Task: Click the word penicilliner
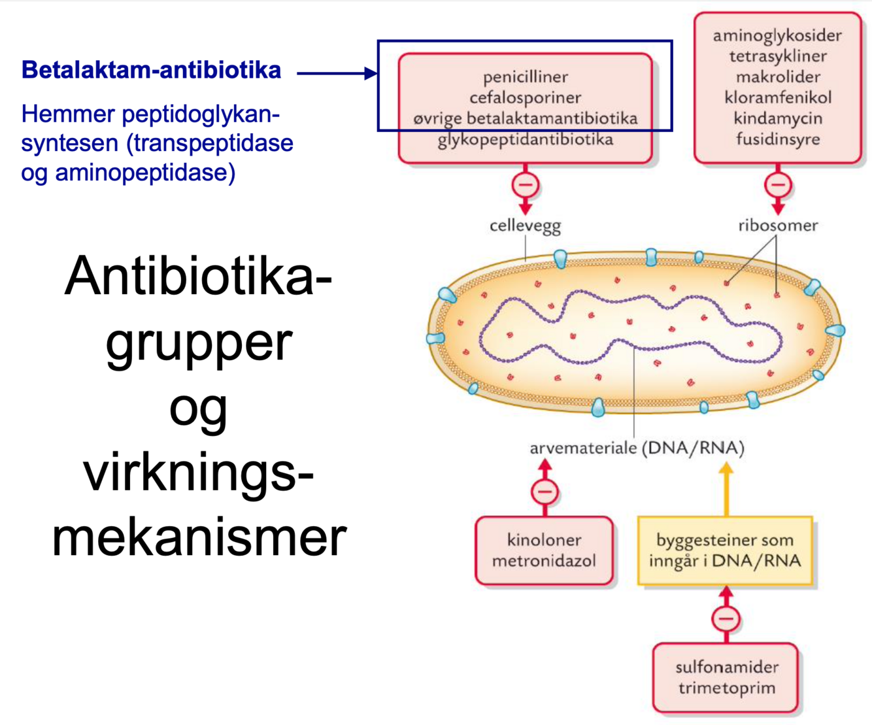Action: [x=526, y=77]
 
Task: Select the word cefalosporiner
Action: [x=526, y=98]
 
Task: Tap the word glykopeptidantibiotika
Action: [x=526, y=140]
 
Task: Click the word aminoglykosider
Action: [x=777, y=35]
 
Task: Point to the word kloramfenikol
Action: [x=778, y=98]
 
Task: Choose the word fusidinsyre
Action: [x=778, y=139]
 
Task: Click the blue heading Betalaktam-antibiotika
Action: [x=151, y=70]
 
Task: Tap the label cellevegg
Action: [x=525, y=226]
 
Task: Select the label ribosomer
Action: [x=778, y=226]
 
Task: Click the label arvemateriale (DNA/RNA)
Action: [x=637, y=448]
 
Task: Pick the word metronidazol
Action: [x=544, y=561]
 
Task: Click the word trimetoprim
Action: [x=726, y=688]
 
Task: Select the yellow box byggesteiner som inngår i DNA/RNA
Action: [x=725, y=550]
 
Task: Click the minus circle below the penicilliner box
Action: [x=525, y=185]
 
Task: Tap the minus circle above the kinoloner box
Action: [x=545, y=492]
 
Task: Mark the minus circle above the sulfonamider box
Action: [x=726, y=618]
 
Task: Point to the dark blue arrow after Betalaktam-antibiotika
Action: [x=337, y=73]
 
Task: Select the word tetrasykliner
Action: [x=778, y=56]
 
